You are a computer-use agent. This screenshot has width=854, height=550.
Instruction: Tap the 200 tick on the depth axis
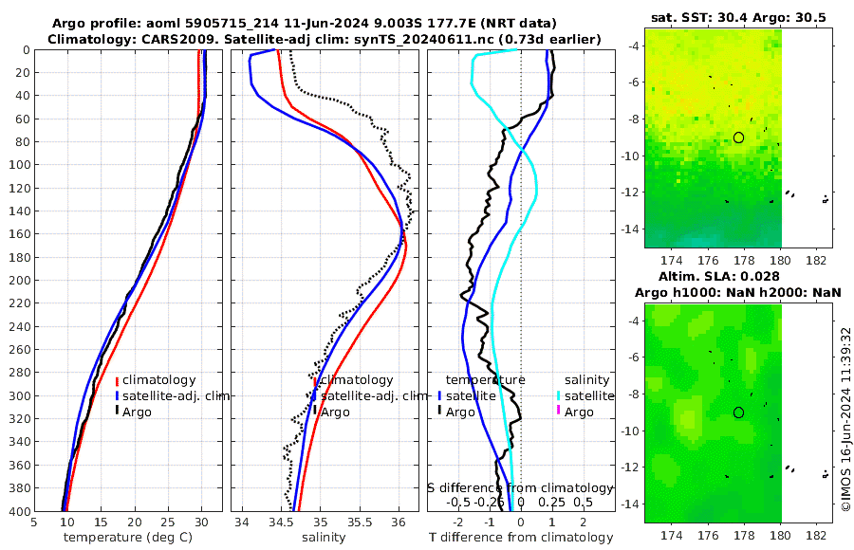(18, 281)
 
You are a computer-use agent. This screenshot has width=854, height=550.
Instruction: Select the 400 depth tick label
(18, 511)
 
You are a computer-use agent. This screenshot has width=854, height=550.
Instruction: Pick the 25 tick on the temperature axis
(168, 521)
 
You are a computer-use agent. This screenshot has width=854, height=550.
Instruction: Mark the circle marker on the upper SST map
(738, 137)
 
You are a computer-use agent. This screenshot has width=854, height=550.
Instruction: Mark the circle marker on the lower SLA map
(738, 412)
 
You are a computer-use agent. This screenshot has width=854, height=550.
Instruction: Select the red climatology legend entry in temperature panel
(158, 380)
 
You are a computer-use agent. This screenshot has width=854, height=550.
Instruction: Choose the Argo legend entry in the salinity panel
(335, 412)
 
